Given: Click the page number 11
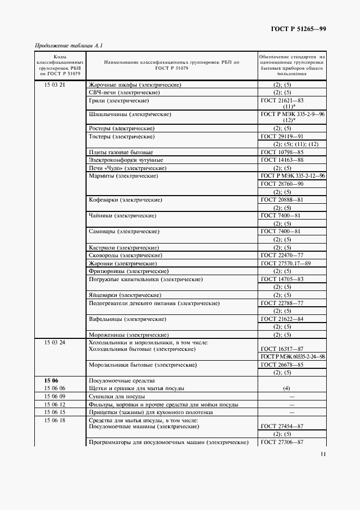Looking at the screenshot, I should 323,454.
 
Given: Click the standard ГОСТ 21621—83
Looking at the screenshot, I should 282,101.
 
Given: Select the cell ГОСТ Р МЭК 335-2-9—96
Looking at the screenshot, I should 292,114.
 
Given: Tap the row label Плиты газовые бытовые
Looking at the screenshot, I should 120,151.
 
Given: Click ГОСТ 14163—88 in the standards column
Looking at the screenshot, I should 282,160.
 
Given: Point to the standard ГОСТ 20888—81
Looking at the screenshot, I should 282,200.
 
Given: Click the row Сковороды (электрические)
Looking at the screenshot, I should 125,256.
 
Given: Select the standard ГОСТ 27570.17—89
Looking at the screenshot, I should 285,263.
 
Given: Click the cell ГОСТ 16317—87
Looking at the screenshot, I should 282,349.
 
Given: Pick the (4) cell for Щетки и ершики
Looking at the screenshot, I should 286,388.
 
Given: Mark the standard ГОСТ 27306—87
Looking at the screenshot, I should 282,442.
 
